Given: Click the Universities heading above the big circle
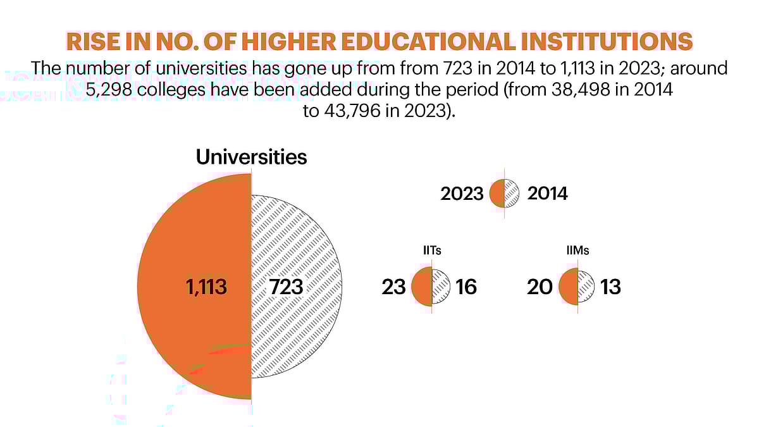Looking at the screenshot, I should [x=251, y=156].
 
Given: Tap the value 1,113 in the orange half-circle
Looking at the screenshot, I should [x=206, y=287].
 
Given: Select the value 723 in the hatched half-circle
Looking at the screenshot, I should [x=286, y=287].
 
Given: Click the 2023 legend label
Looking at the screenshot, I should [x=462, y=194].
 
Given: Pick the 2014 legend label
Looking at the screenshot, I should [x=548, y=194].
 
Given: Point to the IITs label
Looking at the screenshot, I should [x=431, y=251].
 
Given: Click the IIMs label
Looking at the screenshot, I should [x=577, y=251].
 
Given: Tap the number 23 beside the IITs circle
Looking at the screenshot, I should [x=393, y=287].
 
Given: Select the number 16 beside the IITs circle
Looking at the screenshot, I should [x=466, y=287].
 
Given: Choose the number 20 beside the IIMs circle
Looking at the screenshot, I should [x=540, y=287].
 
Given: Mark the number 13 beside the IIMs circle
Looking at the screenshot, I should [x=611, y=287].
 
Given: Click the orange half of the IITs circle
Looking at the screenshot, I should [x=422, y=287].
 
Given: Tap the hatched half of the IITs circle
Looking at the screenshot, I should [x=440, y=287].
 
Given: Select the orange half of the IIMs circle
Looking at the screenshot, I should [x=569, y=287].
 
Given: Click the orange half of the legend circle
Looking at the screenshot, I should [x=497, y=194].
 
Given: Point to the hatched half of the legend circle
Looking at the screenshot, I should [x=512, y=194].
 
